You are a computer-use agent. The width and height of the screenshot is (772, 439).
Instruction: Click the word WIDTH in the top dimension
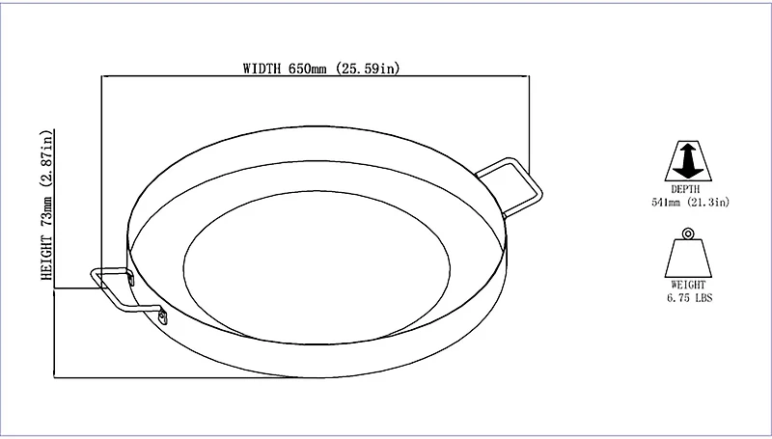coord(262,69)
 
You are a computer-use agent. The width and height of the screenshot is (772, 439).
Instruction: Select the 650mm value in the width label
coord(308,69)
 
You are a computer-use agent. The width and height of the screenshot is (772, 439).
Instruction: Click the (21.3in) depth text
coord(708,202)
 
